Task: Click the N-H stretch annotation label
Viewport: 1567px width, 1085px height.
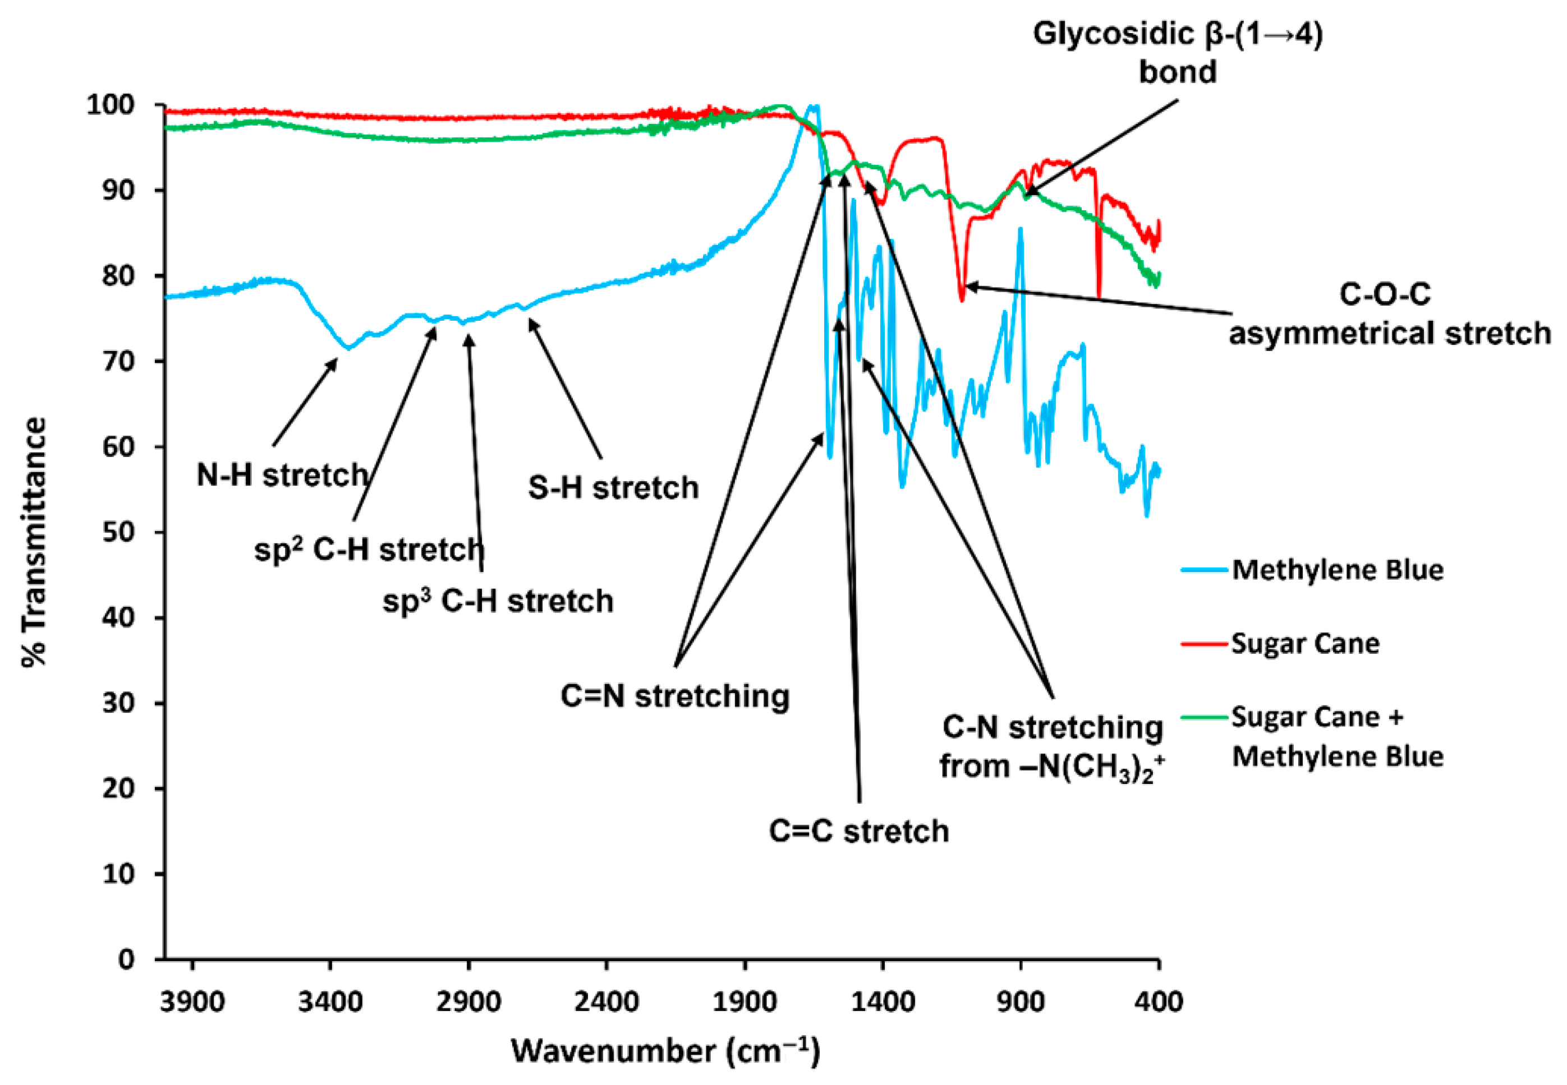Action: [282, 475]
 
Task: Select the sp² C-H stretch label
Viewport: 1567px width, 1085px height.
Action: [369, 550]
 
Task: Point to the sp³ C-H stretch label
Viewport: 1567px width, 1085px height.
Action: [498, 602]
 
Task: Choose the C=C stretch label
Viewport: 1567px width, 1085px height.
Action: [858, 832]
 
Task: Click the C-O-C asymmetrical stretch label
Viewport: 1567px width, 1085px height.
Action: [1390, 314]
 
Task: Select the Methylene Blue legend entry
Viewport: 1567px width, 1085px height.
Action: [1337, 570]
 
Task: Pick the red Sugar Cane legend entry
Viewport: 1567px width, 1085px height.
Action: [1304, 643]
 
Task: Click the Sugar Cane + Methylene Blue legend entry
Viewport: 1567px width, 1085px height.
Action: [1337, 737]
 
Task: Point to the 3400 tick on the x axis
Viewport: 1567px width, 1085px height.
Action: [330, 1002]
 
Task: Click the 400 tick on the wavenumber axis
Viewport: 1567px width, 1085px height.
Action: [1157, 1002]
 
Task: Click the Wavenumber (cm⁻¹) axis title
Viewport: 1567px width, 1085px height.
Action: [666, 1051]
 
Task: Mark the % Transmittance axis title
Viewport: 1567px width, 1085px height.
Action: [34, 542]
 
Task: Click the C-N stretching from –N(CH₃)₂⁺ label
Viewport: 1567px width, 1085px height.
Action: [1051, 747]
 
